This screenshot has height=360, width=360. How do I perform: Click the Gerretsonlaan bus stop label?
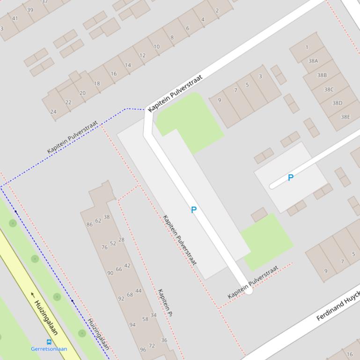pyautogui.click(x=49, y=349)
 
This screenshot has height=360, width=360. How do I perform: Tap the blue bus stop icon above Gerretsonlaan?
pyautogui.click(x=49, y=342)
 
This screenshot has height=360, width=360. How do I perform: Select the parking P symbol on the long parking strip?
pyautogui.click(x=194, y=210)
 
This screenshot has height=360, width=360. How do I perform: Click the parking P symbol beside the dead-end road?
pyautogui.click(x=291, y=178)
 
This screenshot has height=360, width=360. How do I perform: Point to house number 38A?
pyautogui.click(x=313, y=61)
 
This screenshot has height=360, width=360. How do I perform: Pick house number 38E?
pyautogui.click(x=345, y=117)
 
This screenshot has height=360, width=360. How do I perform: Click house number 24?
pyautogui.click(x=53, y=112)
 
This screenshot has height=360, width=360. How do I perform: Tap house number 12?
pyautogui.click(x=142, y=55)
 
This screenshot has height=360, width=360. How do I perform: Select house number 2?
pyautogui.click(x=217, y=11)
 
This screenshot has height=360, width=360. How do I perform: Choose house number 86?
pyautogui.click(x=89, y=224)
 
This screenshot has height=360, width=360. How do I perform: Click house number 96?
pyautogui.click(x=143, y=350)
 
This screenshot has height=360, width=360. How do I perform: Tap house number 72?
pyautogui.click(x=152, y=346)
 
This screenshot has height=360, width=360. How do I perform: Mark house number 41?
pyautogui.click(x=15, y=19)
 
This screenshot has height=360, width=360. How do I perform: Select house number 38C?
pyautogui.click(x=329, y=89)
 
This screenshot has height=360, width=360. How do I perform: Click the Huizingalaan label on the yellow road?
pyautogui.click(x=46, y=317)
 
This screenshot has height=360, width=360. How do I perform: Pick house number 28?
pyautogui.click(x=121, y=240)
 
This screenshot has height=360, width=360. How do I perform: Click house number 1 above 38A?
pyautogui.click(x=307, y=47)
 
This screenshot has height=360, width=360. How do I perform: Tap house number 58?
pyautogui.click(x=145, y=319)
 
